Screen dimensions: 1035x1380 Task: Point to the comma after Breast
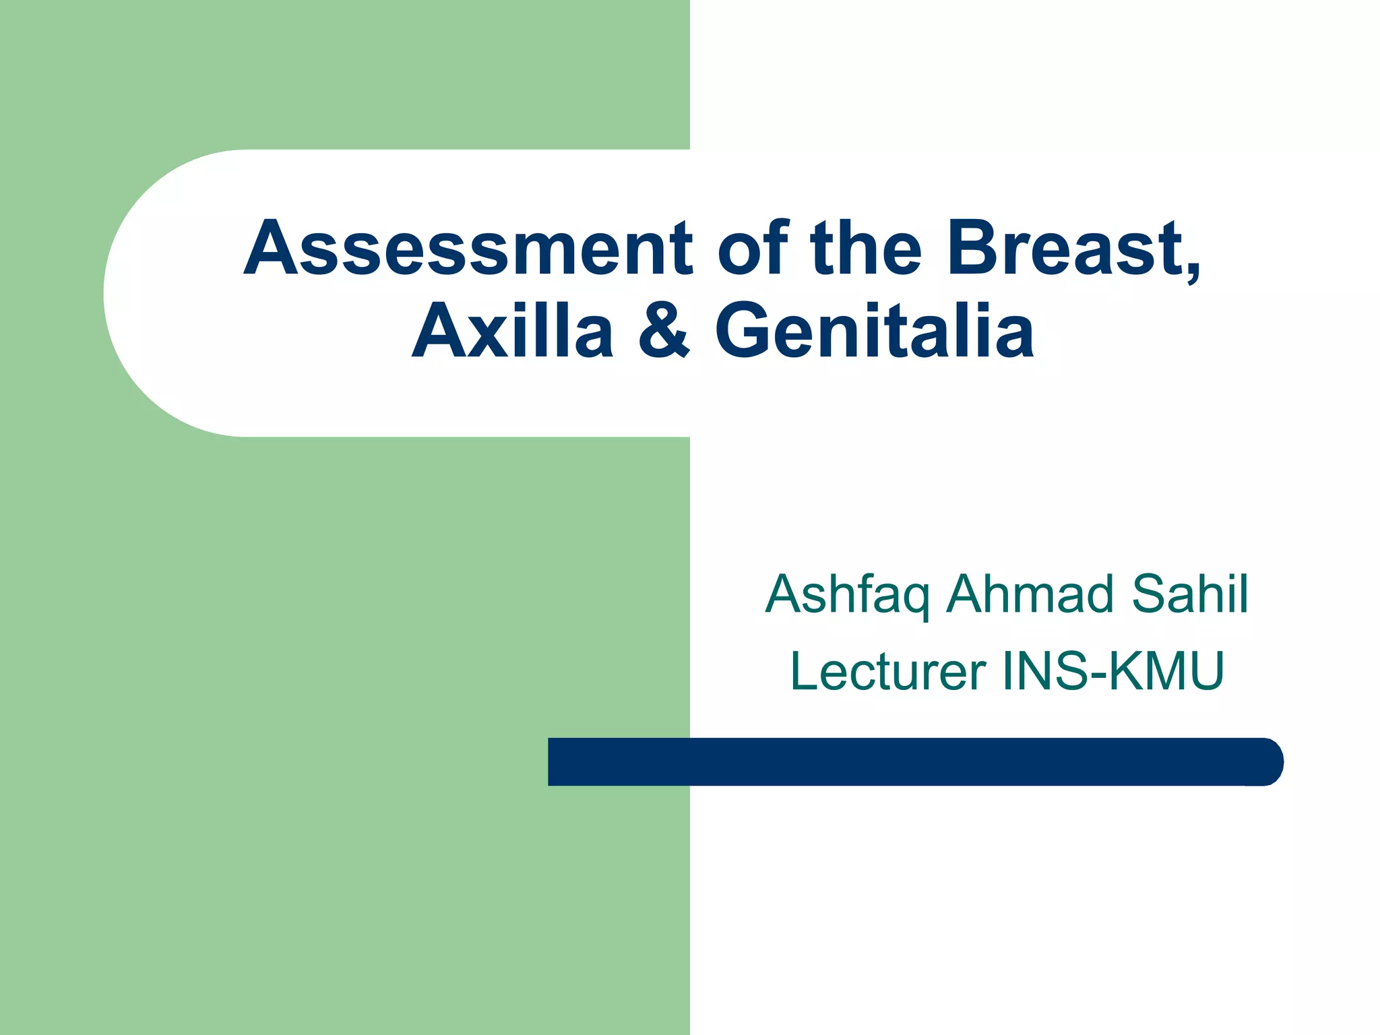point(1191,272)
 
